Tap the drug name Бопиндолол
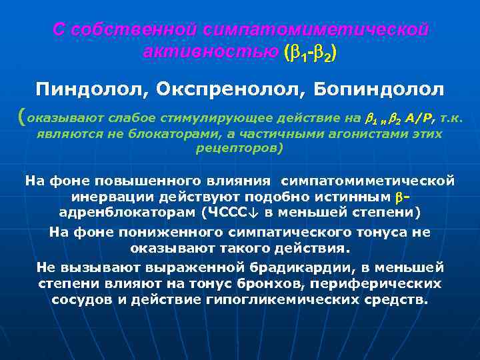379,89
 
